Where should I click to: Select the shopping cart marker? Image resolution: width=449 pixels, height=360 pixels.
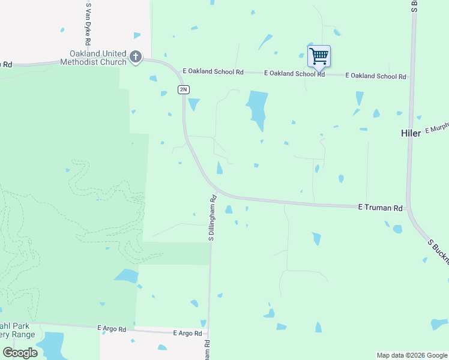click(x=319, y=57)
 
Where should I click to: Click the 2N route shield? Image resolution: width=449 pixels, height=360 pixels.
click(x=183, y=89)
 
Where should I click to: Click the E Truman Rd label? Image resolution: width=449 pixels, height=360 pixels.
click(x=380, y=208)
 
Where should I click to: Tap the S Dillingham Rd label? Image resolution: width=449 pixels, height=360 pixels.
click(x=212, y=218)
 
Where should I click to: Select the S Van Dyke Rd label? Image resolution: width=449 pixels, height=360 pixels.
click(x=88, y=24)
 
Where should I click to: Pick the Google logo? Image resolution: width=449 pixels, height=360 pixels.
click(x=20, y=352)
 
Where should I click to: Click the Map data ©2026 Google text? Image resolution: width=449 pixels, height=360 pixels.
click(x=412, y=355)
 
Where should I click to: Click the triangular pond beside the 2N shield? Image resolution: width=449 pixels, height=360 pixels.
click(x=194, y=104)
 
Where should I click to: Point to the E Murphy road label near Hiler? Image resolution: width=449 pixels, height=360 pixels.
click(x=436, y=129)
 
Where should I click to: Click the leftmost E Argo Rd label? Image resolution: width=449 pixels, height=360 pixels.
click(x=112, y=329)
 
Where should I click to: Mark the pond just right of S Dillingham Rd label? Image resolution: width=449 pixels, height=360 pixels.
click(x=228, y=209)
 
